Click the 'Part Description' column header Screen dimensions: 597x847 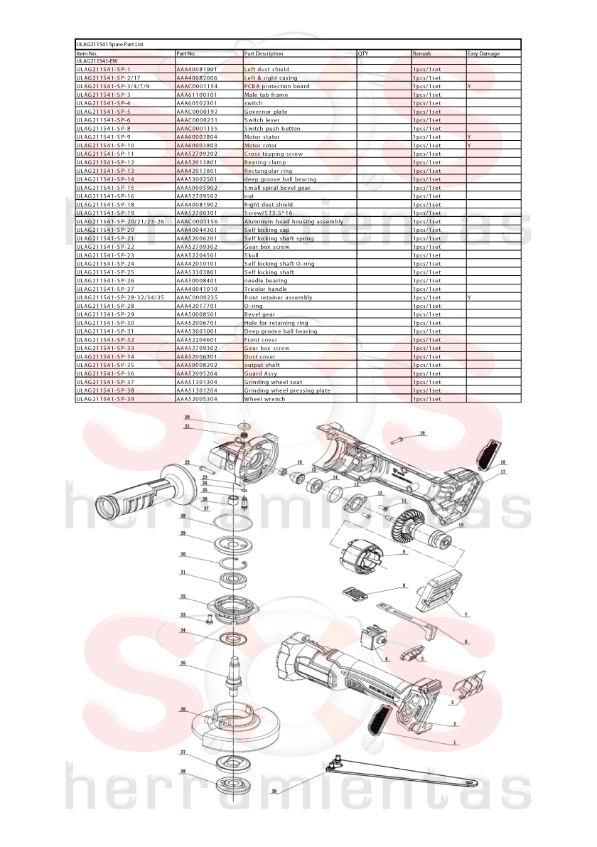[x=264, y=53]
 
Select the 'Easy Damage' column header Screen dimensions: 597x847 [x=484, y=53]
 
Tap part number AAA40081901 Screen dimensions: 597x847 [x=197, y=69]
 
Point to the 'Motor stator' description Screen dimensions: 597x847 [x=262, y=137]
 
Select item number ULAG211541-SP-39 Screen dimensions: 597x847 [x=105, y=399]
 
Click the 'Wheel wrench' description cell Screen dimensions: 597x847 [x=264, y=399]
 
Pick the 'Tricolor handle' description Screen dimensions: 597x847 [x=266, y=289]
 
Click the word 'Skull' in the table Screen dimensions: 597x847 [x=251, y=255]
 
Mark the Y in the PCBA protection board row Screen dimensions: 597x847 [x=469, y=87]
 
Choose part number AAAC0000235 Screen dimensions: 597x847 [x=197, y=298]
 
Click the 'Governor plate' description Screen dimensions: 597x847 [x=266, y=112]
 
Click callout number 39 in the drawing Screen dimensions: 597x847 [x=274, y=792]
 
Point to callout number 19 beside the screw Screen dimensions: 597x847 [x=423, y=433]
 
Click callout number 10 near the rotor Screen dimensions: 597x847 [x=461, y=525]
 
